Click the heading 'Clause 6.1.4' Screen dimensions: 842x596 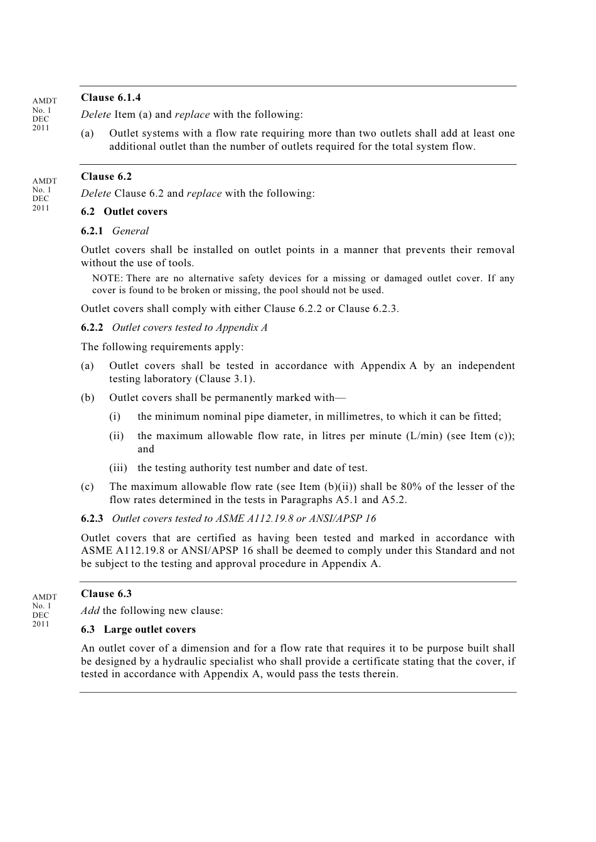coord(110,97)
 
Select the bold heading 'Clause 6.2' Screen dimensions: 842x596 coord(106,176)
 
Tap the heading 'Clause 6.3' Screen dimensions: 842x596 coord(106,593)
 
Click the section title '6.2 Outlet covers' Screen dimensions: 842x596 coord(124,211)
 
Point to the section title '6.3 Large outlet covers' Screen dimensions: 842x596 coord(138,629)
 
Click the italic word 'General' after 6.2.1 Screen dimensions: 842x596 coord(130,231)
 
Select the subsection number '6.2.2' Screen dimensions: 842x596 coord(92,327)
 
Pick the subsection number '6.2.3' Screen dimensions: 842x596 coord(92,518)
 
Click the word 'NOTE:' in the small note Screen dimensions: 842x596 coord(107,278)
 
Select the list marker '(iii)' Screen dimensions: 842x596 coord(118,467)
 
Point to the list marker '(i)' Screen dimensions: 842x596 coord(115,416)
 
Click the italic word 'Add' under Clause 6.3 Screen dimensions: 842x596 coord(90,610)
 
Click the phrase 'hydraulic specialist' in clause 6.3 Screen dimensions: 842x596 coord(208,661)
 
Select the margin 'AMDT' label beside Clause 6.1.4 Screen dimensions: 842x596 coord(45,100)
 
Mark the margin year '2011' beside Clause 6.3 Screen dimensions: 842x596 coord(41,623)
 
